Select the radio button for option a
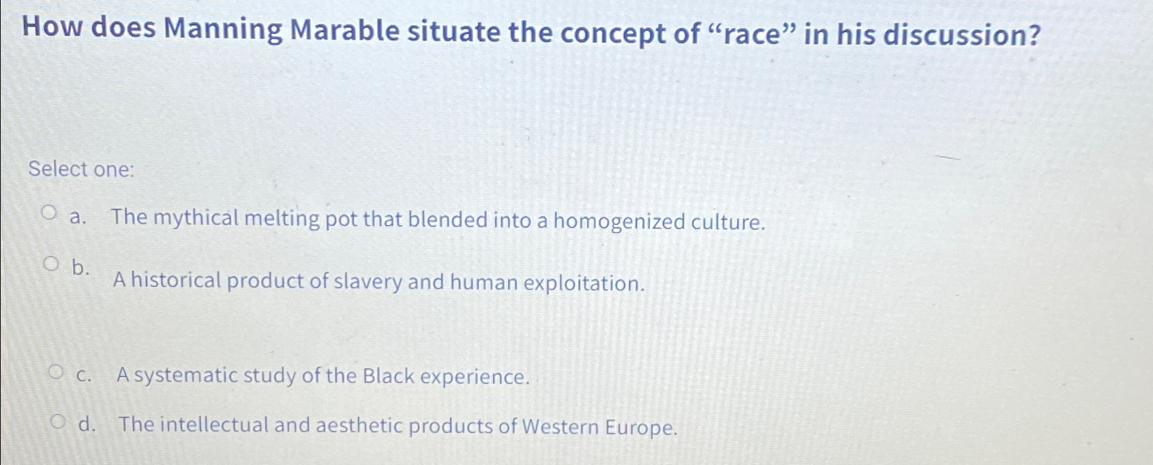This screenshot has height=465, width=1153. pyautogui.click(x=48, y=214)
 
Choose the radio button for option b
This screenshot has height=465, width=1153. pyautogui.click(x=51, y=264)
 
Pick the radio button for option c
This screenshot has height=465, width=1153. pyautogui.click(x=57, y=372)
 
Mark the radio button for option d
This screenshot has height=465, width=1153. pyautogui.click(x=60, y=422)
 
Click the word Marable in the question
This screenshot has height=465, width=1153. pyautogui.click(x=345, y=31)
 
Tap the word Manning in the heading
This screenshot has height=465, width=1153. pyautogui.click(x=222, y=31)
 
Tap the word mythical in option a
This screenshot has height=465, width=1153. pyautogui.click(x=196, y=218)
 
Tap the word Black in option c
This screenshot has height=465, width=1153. pyautogui.click(x=388, y=376)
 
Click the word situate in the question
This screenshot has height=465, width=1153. pyautogui.click(x=454, y=31)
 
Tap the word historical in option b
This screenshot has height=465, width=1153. pyautogui.click(x=175, y=280)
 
